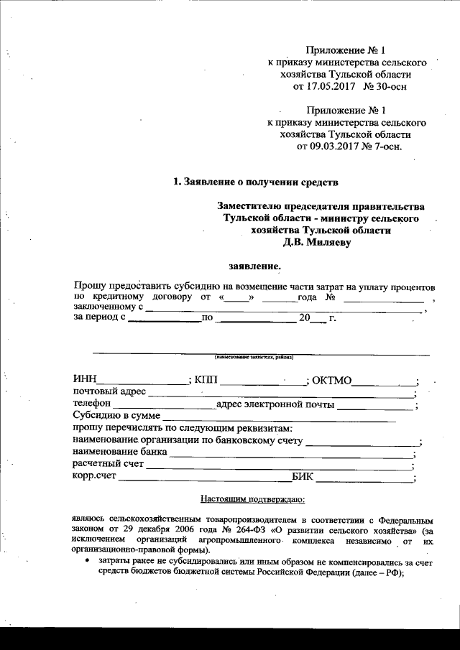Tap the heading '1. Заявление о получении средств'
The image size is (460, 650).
[x=255, y=182]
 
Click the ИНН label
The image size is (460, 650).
[x=85, y=379]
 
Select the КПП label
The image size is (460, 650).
[x=206, y=379]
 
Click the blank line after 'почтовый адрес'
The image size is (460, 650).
[x=280, y=394]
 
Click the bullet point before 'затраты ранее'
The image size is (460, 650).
[x=87, y=560]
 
